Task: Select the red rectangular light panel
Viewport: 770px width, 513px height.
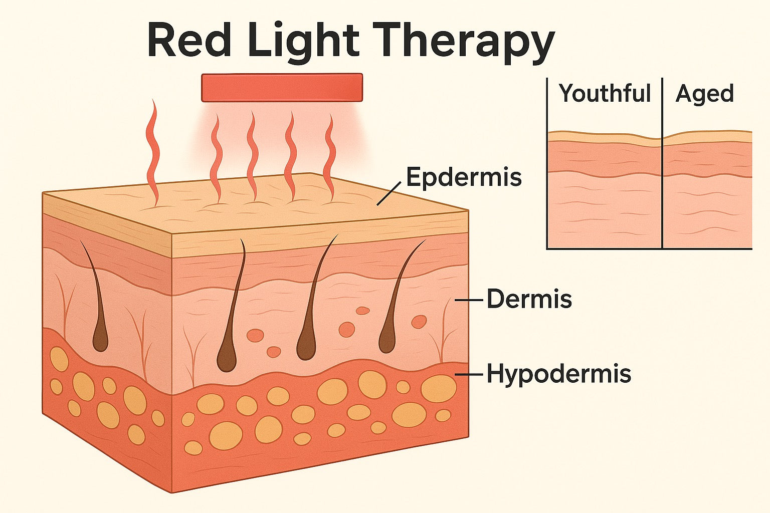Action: pos(282,88)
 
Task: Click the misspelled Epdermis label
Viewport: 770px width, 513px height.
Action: pos(464,177)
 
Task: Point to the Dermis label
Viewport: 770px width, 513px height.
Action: pos(529,299)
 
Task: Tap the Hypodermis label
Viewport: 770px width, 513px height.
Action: pos(558,374)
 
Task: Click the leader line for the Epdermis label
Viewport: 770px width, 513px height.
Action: pos(389,193)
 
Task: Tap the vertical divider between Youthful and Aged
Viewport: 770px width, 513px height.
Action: pos(662,165)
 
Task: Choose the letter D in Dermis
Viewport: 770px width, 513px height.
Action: pos(495,299)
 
